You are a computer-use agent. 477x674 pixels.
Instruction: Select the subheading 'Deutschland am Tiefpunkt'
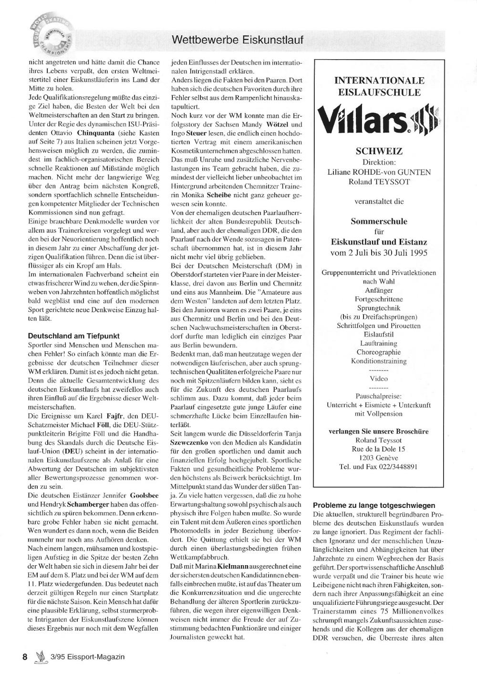[x=73, y=336]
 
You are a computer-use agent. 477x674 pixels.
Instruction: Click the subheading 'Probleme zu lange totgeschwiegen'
[x=374, y=505]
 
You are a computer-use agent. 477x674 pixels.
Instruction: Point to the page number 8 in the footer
[x=25, y=657]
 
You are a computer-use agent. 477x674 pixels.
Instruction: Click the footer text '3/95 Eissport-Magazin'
[x=86, y=657]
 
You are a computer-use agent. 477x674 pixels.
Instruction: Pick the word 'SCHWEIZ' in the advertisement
[x=379, y=151]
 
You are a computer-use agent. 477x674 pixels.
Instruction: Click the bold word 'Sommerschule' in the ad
[x=379, y=221]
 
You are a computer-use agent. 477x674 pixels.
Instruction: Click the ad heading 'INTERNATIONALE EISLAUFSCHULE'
[x=379, y=86]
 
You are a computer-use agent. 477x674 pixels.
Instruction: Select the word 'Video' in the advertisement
[x=379, y=379]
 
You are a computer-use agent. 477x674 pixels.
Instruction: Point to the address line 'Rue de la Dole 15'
[x=379, y=449]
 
